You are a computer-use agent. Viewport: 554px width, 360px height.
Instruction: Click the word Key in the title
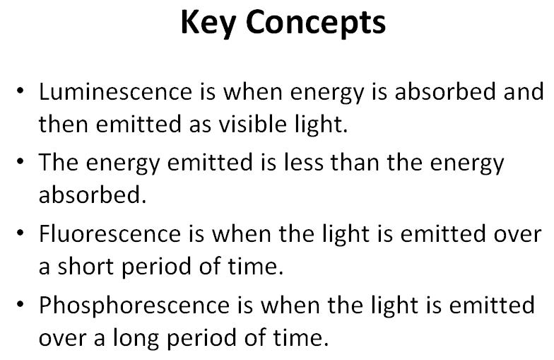point(208,23)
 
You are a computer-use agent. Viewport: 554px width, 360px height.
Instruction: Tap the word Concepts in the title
point(315,23)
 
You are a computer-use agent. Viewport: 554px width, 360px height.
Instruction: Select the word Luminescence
point(116,92)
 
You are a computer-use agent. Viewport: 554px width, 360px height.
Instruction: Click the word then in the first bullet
point(64,124)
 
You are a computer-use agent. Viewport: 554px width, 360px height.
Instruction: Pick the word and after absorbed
point(524,92)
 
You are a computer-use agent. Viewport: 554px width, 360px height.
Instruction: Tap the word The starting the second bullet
point(58,163)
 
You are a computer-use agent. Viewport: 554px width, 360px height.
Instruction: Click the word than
point(355,163)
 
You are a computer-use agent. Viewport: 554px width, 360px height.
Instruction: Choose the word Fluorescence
point(110,233)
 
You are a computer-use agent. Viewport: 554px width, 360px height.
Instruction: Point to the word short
point(86,266)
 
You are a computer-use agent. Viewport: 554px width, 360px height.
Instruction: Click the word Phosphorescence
point(134,306)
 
